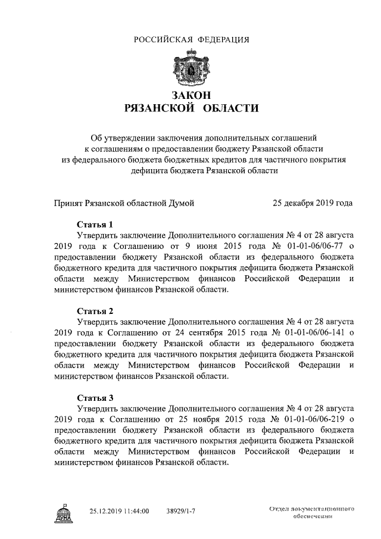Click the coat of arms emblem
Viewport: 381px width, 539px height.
[x=190, y=68]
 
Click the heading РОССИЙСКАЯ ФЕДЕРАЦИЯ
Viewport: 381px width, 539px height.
[x=190, y=40]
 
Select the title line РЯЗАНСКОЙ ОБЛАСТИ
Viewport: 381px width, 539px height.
[x=190, y=108]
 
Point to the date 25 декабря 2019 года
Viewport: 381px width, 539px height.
[x=313, y=203]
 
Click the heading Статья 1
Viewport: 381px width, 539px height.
[x=95, y=225]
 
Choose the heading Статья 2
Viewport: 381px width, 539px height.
[x=95, y=311]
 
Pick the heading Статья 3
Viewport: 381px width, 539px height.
[x=95, y=397]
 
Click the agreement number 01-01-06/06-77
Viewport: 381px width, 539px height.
[x=311, y=246]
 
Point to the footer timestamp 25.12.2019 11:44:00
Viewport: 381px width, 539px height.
[x=119, y=511]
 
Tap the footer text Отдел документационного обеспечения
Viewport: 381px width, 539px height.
[x=312, y=513]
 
